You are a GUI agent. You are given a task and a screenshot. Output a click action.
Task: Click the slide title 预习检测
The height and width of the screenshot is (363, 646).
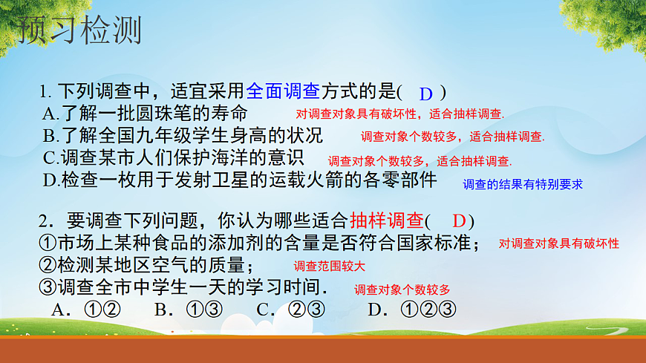click(x=79, y=30)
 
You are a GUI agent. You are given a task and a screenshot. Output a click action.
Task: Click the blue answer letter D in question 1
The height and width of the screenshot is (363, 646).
click(x=425, y=94)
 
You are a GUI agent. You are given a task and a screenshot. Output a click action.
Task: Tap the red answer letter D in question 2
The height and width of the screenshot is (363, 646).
click(x=458, y=220)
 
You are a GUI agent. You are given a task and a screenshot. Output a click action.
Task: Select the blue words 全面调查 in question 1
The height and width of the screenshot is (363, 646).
click(x=282, y=92)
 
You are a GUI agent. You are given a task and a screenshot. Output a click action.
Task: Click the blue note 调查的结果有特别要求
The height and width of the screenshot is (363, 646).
click(x=523, y=184)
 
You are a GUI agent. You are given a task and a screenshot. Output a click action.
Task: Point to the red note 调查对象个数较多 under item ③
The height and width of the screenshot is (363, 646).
click(x=402, y=290)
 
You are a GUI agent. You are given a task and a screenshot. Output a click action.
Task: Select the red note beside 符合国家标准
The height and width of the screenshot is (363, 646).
click(x=558, y=243)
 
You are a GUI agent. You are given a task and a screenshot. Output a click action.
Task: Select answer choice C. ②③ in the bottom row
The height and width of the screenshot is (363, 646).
click(x=290, y=310)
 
